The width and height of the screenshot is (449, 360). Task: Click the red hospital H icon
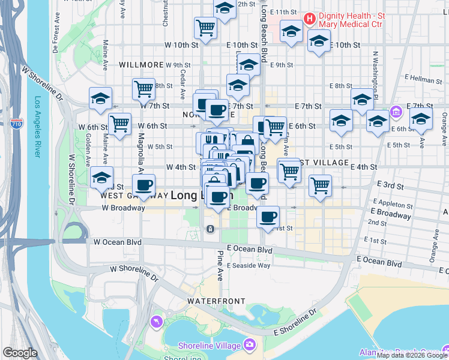click(x=310, y=19)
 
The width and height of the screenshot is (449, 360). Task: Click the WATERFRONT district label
click(x=216, y=301)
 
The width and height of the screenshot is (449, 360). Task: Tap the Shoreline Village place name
click(x=209, y=345)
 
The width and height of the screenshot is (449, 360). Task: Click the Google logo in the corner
click(x=20, y=353)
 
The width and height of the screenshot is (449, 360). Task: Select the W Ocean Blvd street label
click(x=116, y=242)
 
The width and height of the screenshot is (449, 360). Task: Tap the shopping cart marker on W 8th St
click(x=144, y=88)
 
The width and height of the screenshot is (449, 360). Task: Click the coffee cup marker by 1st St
click(x=268, y=215)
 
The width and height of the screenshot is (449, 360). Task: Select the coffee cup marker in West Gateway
click(x=143, y=184)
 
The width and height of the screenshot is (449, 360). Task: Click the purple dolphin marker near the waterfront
click(x=157, y=322)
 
